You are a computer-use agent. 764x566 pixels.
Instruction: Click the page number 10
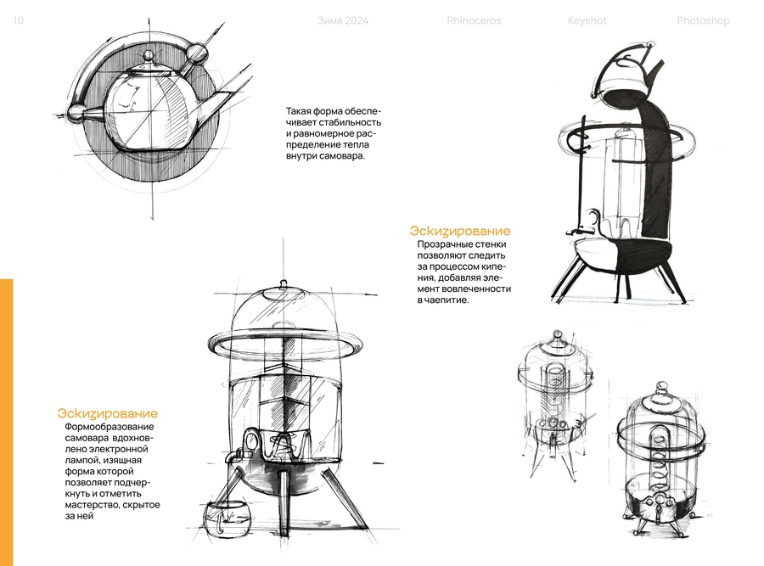tap(18, 20)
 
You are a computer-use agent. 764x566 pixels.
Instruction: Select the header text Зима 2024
tap(343, 21)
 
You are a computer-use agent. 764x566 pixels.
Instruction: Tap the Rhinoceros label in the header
tap(474, 21)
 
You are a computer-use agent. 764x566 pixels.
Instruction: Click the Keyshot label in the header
tap(587, 21)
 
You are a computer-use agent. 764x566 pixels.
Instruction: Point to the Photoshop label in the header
tap(703, 21)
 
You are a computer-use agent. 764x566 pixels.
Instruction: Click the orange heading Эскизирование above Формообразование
tap(108, 413)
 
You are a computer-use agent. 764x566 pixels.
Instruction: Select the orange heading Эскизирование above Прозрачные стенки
tap(460, 231)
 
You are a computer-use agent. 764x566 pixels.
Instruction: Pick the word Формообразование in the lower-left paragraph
tap(110, 427)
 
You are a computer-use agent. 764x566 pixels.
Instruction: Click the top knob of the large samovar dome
tap(284, 284)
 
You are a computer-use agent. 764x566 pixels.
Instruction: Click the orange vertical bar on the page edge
tap(7, 423)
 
